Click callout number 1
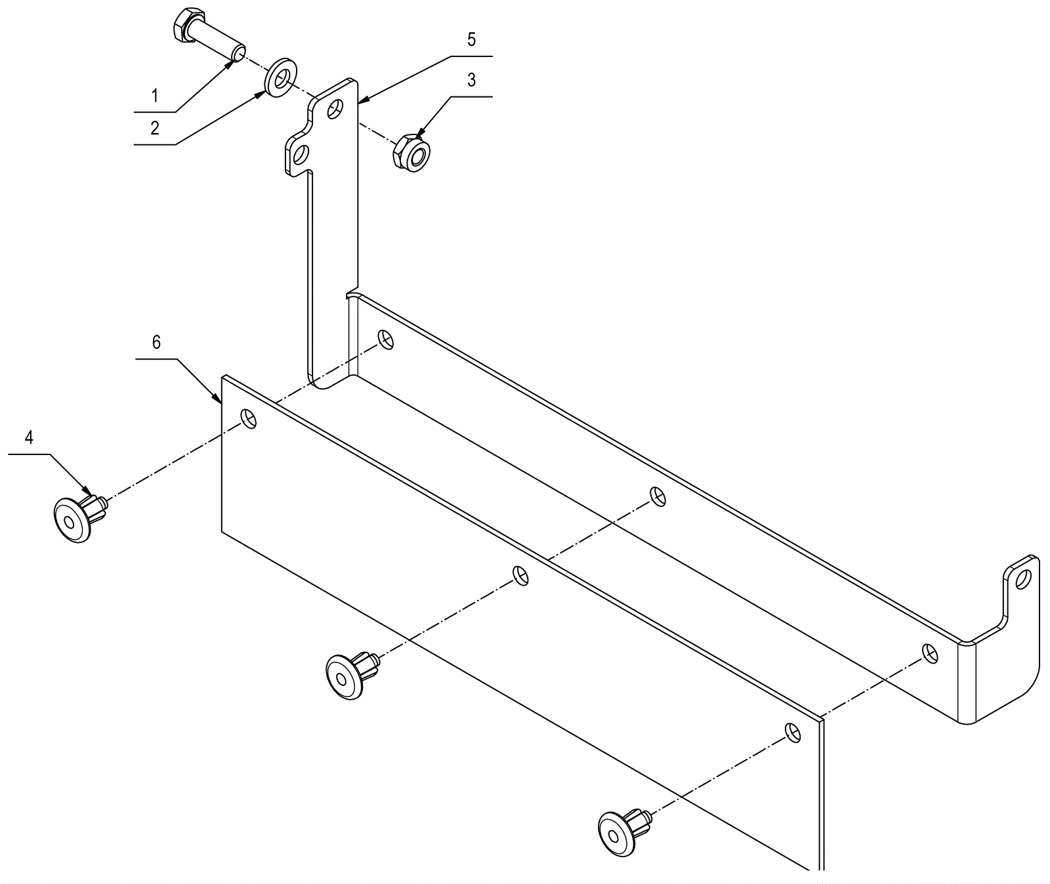[155, 96]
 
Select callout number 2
[155, 128]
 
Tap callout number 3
[471, 80]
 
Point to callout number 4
[29, 437]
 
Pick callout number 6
[156, 343]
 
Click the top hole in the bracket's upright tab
[336, 108]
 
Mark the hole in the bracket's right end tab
[1022, 578]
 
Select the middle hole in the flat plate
[520, 575]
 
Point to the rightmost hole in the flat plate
[793, 732]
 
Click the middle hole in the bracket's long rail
[657, 496]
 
